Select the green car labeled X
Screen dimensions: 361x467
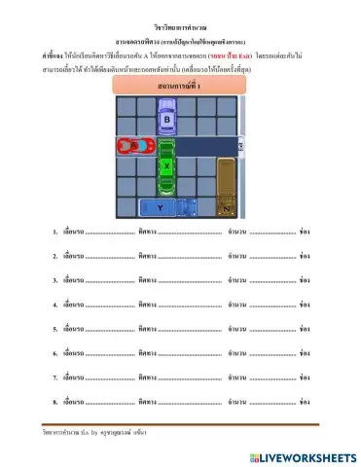coord(167,165)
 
